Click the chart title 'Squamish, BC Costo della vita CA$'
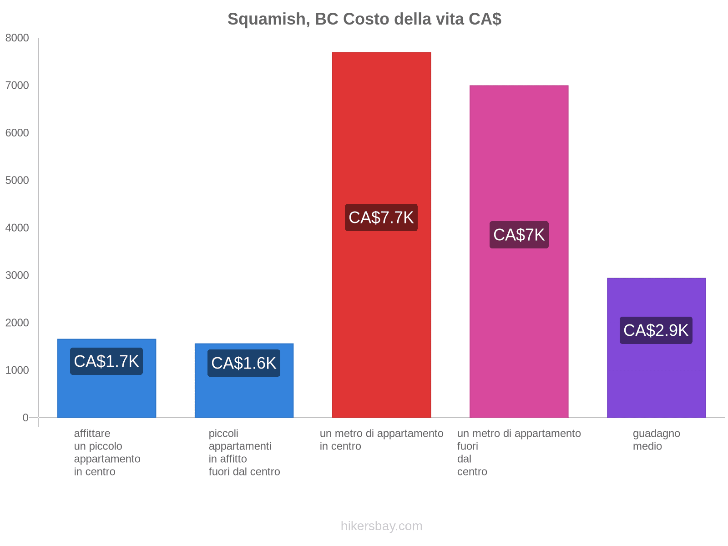pos(364,19)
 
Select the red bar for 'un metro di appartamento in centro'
pos(381,136)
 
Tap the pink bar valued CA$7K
pos(519,159)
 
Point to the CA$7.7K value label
pos(381,217)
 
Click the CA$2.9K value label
pos(656,330)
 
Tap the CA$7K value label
pos(519,235)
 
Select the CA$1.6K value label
pos(244,363)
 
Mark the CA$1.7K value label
pos(106,361)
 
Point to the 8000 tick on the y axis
pos(17,38)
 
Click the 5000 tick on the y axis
pos(17,181)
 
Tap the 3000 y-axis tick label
pos(17,275)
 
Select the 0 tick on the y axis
pos(25,418)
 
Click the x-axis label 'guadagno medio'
pos(656,440)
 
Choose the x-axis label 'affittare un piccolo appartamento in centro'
pos(107,452)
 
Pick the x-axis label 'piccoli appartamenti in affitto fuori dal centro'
pos(244,452)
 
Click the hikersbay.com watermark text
pos(381,526)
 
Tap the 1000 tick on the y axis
pos(17,370)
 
